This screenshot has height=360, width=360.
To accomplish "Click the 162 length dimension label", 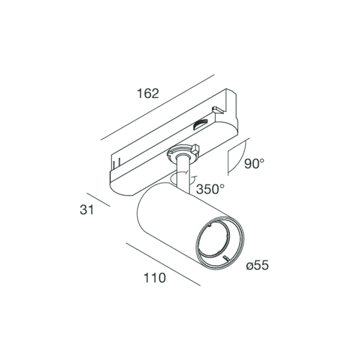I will coord(148,94).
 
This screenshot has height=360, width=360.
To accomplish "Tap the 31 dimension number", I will coord(87,210).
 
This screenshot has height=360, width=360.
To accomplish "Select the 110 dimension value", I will coord(155,278).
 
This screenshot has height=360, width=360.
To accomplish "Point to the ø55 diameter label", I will coord(257,265).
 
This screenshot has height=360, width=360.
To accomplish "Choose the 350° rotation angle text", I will coord(210,189).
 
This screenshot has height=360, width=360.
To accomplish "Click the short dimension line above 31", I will coord(98,200).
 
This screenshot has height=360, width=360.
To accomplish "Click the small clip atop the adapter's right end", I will coord(218,109).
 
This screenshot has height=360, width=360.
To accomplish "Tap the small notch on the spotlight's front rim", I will coord(226,258).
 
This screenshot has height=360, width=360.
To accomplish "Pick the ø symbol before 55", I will coord(249,266).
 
